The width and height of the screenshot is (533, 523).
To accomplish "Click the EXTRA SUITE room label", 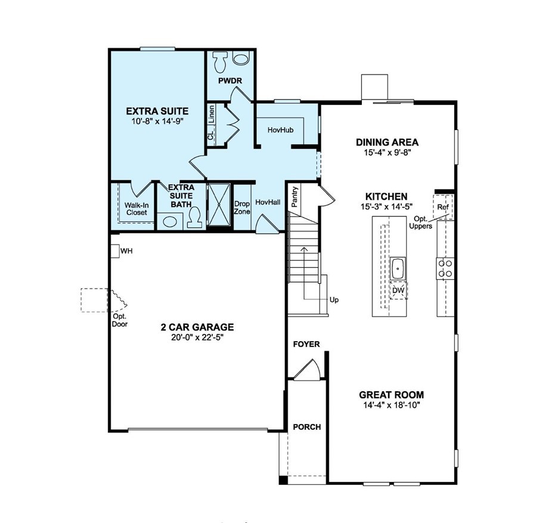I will pyautogui.click(x=157, y=111).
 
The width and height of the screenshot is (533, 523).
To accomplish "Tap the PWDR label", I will pyautogui.click(x=230, y=81).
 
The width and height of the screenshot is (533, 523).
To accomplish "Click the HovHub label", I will pyautogui.click(x=278, y=128).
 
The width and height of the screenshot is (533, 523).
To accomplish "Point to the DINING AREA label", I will pyautogui.click(x=387, y=143).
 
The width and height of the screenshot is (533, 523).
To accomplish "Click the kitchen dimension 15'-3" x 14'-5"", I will pyautogui.click(x=387, y=207).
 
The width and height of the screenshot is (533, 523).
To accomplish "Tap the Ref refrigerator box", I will pyautogui.click(x=443, y=207).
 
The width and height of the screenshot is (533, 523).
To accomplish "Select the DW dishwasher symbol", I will pyautogui.click(x=398, y=290).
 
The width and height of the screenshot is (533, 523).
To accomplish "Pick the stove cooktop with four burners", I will pyautogui.click(x=445, y=268).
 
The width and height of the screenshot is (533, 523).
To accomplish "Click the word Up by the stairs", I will pyautogui.click(x=334, y=300).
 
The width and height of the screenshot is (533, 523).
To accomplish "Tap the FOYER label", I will pyautogui.click(x=306, y=345).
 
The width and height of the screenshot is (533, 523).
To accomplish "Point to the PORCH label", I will pyautogui.click(x=306, y=427).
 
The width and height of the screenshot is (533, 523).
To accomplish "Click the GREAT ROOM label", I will pyautogui.click(x=391, y=395).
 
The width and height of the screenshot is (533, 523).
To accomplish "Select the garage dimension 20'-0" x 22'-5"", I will pyautogui.click(x=197, y=338).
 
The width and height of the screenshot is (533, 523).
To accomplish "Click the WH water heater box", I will pyautogui.click(x=114, y=251).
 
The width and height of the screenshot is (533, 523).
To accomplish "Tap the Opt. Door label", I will pyautogui.click(x=120, y=321).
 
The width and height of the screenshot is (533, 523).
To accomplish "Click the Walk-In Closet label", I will pyautogui.click(x=136, y=208).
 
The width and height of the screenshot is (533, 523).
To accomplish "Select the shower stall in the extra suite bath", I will pyautogui.click(x=218, y=206).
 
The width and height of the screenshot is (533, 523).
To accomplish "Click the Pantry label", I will pyautogui.click(x=295, y=197).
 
